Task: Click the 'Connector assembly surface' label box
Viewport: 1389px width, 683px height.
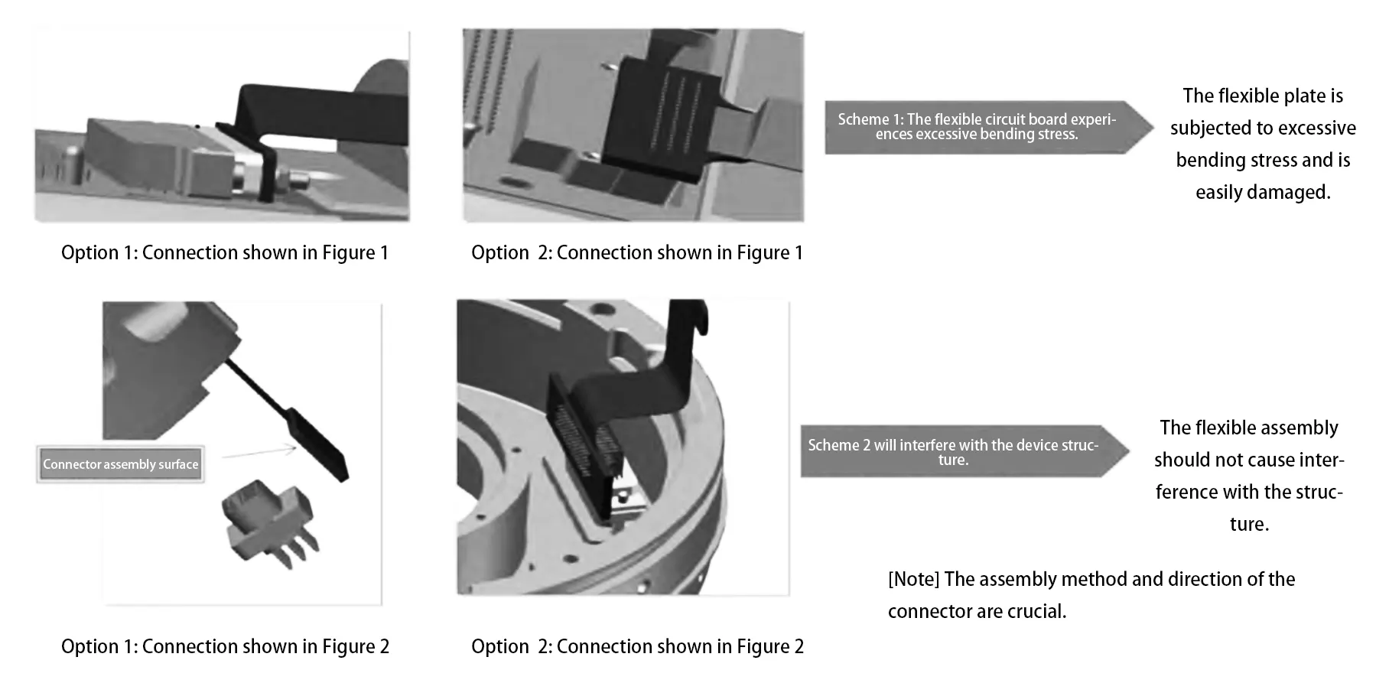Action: pyautogui.click(x=121, y=464)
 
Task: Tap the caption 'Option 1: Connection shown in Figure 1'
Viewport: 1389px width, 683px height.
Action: pyautogui.click(x=225, y=253)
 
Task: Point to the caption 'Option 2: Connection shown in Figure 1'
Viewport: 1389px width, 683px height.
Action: pyautogui.click(x=637, y=253)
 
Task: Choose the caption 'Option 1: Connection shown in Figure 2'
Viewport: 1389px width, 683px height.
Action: pyautogui.click(x=225, y=647)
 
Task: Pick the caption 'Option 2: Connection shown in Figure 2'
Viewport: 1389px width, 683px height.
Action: pyautogui.click(x=637, y=647)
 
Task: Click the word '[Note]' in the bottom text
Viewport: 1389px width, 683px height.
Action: pyautogui.click(x=913, y=580)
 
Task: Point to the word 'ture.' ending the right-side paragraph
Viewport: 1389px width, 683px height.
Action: pyautogui.click(x=1249, y=525)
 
